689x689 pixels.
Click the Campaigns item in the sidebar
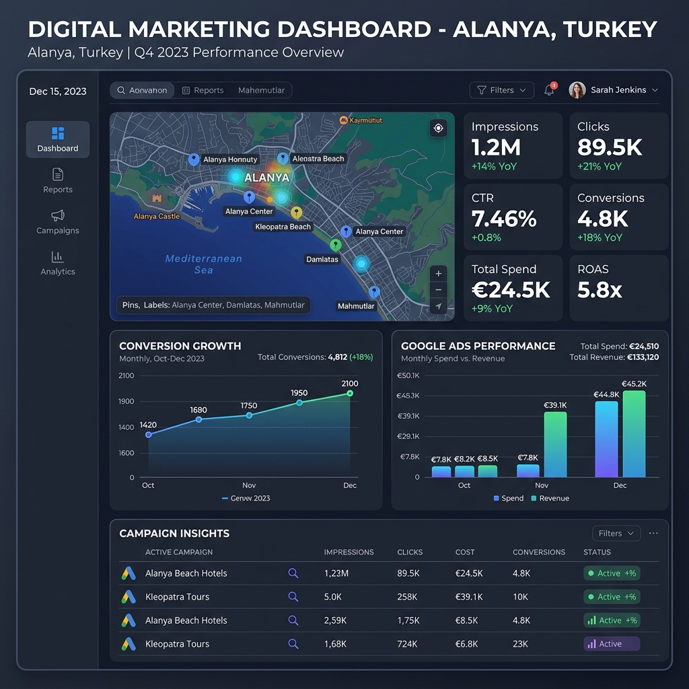[x=58, y=222]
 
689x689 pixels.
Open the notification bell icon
[x=550, y=90]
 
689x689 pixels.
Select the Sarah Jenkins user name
[x=618, y=90]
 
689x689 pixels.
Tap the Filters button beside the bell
[x=501, y=90]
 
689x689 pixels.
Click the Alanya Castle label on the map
[x=157, y=217]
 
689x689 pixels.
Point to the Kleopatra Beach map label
[x=283, y=227]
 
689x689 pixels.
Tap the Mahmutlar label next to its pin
[x=356, y=306]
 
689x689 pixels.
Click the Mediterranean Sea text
[x=203, y=264]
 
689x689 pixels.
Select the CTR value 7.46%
[x=504, y=219]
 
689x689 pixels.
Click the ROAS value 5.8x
[x=600, y=290]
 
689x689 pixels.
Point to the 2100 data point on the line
[x=350, y=394]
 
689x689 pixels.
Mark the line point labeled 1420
[x=149, y=435]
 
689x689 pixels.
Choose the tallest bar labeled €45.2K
[x=634, y=433]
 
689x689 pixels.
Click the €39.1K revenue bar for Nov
[x=555, y=444]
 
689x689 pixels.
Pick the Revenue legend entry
[x=550, y=499]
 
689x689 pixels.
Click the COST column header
[x=464, y=552]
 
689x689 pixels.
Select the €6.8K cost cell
[x=466, y=644]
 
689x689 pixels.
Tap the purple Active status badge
[x=611, y=644]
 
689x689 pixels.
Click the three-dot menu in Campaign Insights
[x=653, y=534]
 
